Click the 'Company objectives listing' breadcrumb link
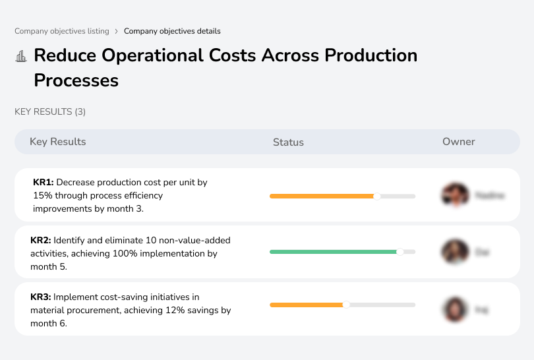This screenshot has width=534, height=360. pyautogui.click(x=62, y=31)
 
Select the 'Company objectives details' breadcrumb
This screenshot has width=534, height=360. pyautogui.click(x=172, y=31)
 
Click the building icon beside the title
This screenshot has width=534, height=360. pyautogui.click(x=21, y=56)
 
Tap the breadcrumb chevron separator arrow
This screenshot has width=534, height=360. pyautogui.click(x=117, y=31)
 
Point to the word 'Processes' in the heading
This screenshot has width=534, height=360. pyautogui.click(x=76, y=80)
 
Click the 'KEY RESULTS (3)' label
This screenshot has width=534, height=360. pyautogui.click(x=50, y=112)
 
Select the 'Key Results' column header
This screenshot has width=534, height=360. pyautogui.click(x=58, y=142)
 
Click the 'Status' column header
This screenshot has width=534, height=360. pyautogui.click(x=288, y=142)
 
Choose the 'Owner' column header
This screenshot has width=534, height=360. pyautogui.click(x=459, y=142)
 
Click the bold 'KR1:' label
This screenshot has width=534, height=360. pyautogui.click(x=44, y=182)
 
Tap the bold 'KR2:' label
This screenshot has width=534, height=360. pyautogui.click(x=41, y=240)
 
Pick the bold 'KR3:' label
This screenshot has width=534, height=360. pyautogui.click(x=41, y=297)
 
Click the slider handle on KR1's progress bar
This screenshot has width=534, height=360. pyautogui.click(x=377, y=196)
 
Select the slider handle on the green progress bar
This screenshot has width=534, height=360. pyautogui.click(x=400, y=252)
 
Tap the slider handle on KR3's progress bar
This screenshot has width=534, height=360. pyautogui.click(x=346, y=305)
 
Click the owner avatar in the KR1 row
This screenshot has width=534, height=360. pyautogui.click(x=455, y=195)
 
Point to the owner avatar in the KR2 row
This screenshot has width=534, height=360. pyautogui.click(x=455, y=252)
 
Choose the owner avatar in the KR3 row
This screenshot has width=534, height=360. pyautogui.click(x=455, y=309)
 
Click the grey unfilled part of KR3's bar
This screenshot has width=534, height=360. pyautogui.click(x=382, y=305)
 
